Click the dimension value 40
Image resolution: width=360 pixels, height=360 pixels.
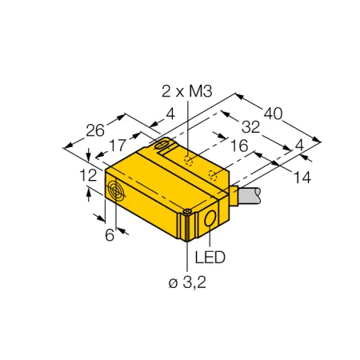point(273,114)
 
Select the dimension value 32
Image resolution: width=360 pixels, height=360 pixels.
point(250,127)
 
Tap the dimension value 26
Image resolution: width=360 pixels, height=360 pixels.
point(95,130)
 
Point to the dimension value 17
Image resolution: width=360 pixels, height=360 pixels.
point(118,146)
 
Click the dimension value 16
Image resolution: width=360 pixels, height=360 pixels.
point(239,146)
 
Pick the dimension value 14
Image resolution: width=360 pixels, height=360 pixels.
point(302,178)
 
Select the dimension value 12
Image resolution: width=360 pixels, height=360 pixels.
point(88,175)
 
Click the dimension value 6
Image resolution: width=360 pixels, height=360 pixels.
point(110,235)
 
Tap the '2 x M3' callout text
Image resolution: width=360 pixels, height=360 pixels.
point(187,91)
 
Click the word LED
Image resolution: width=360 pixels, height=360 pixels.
point(210,258)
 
